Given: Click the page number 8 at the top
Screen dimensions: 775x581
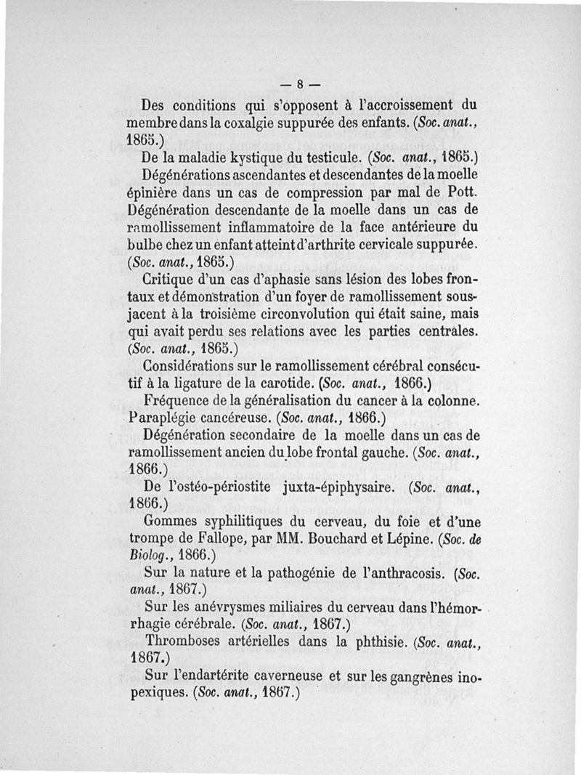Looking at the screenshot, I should click(x=299, y=83).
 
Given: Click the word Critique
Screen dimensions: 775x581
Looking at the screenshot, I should click(x=171, y=278).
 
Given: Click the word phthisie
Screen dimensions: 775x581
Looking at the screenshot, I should click(x=370, y=643).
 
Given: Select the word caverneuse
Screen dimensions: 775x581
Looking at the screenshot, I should click(x=272, y=677).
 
